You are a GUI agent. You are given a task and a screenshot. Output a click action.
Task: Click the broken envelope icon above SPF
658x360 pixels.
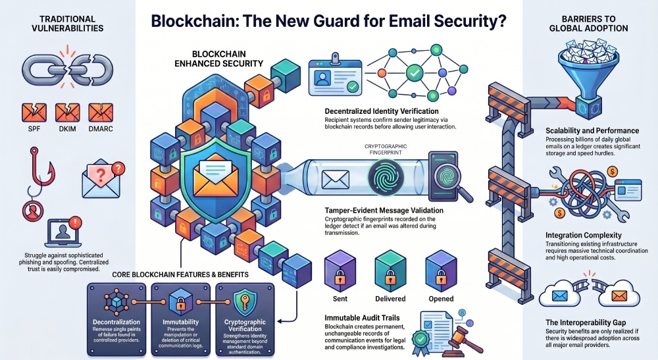34,113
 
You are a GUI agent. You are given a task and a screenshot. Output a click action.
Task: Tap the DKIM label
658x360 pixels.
68,129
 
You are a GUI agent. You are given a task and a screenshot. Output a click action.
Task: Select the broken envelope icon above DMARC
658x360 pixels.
101,113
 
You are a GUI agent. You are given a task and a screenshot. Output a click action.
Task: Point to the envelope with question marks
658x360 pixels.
102,178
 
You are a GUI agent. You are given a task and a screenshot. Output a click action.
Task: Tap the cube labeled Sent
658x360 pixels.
340,270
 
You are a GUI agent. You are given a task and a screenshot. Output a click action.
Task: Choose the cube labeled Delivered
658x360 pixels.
390,270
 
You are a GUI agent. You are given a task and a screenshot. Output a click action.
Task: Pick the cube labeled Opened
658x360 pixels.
441,270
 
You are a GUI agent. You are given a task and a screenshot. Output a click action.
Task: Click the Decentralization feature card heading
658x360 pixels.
116,322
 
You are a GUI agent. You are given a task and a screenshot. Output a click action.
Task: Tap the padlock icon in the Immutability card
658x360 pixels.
180,303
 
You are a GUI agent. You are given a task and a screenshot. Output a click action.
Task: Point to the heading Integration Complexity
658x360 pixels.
584,236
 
